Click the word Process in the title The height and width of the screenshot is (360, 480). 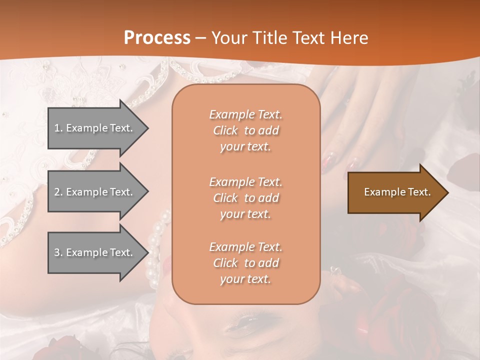pos(157,38)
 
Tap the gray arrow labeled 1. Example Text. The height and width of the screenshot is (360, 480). pos(95,128)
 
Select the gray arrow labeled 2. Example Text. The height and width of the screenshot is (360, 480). pos(95,192)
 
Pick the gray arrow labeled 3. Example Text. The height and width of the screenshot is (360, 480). pos(95,252)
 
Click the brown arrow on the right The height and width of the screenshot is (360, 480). pos(395,192)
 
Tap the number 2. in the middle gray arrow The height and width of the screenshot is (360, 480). pos(58,192)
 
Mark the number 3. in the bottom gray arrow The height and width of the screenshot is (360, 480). pos(58,252)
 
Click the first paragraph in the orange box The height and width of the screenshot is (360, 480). pos(245,130)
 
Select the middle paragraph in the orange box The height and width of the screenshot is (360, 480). pos(245,198)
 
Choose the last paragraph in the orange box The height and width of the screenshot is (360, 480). pos(245,263)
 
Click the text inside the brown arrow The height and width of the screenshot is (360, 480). pos(397,192)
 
